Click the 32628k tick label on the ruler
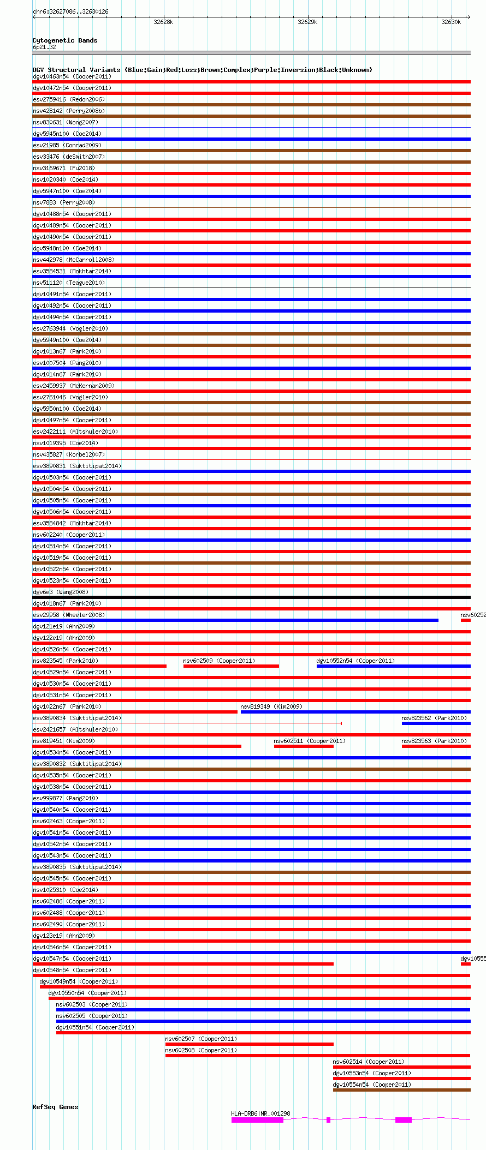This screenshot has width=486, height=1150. click(x=163, y=22)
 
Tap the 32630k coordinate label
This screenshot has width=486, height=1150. click(x=451, y=22)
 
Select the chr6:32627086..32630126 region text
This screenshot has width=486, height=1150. click(x=70, y=11)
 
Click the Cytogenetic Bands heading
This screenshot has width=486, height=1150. click(x=64, y=40)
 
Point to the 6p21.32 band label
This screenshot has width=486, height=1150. click(x=44, y=47)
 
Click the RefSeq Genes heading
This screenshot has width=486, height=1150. click(x=55, y=1107)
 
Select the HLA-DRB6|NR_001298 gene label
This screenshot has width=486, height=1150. click(x=260, y=1113)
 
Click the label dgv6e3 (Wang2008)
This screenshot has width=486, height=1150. click(x=60, y=592)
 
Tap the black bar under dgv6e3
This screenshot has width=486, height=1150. click(x=251, y=597)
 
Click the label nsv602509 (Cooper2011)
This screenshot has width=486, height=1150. click(x=219, y=661)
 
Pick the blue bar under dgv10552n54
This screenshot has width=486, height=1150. click(x=393, y=666)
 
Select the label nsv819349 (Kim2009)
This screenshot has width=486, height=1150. click(x=271, y=706)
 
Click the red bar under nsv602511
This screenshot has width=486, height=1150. click(x=304, y=746)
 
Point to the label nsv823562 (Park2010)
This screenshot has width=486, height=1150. click(x=434, y=718)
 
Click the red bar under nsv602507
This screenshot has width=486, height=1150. click(x=249, y=1044)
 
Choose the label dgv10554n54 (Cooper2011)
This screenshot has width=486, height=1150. click(x=372, y=1085)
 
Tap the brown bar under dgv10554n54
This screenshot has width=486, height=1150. click(x=401, y=1090)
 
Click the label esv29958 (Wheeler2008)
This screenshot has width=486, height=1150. click(x=69, y=615)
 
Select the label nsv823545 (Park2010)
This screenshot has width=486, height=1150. click(x=66, y=661)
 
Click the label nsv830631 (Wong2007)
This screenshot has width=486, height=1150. click(x=64, y=122)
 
